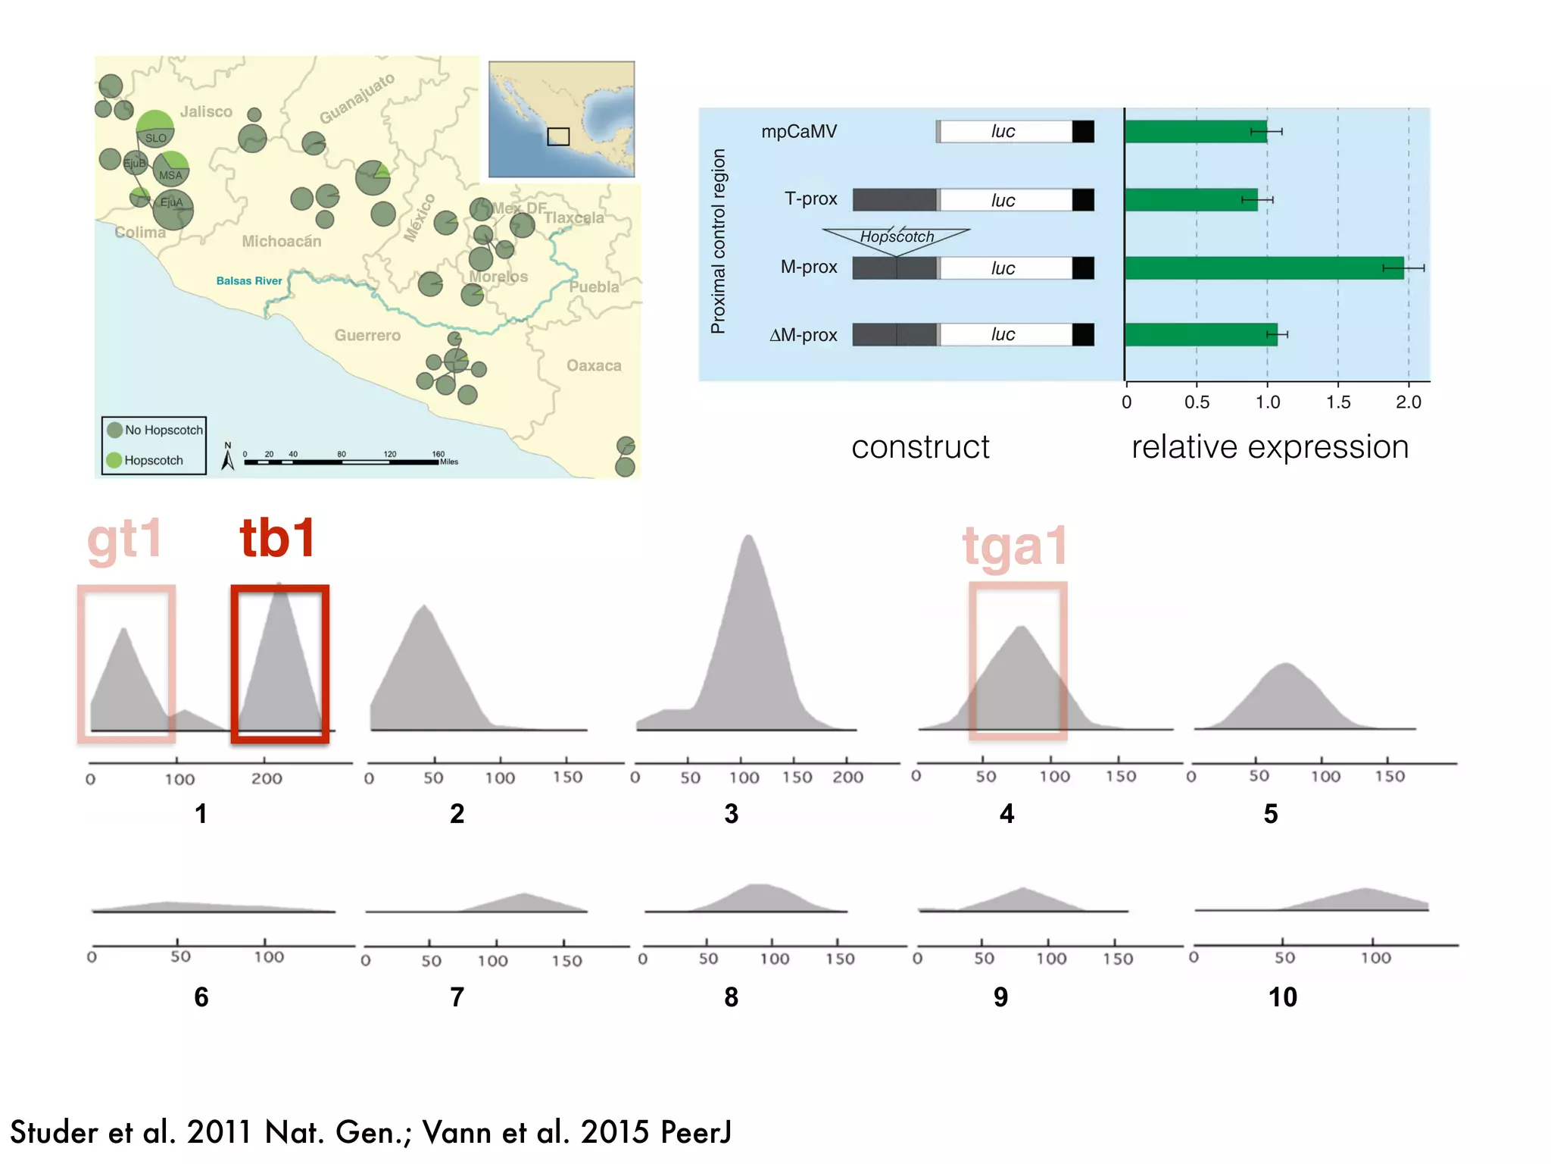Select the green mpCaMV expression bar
click(1195, 132)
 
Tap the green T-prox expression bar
click(1191, 200)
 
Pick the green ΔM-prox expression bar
click(1200, 334)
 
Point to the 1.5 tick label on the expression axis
click(1338, 402)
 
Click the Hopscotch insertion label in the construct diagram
click(897, 236)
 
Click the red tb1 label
click(278, 538)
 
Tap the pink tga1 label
click(1015, 546)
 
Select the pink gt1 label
click(125, 540)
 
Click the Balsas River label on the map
click(248, 281)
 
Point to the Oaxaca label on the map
click(594, 366)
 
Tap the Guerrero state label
click(367, 335)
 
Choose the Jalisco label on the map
click(206, 112)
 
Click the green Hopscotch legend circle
click(114, 460)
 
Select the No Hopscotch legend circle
click(115, 430)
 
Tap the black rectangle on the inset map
click(558, 136)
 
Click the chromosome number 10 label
click(1282, 997)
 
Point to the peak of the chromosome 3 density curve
click(748, 537)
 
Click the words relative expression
click(1270, 447)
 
